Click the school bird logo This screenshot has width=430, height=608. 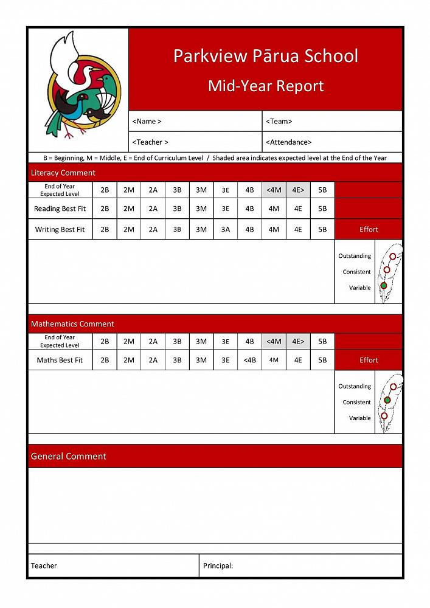78,85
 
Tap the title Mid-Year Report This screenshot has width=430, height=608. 266,86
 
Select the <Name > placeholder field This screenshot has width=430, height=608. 147,121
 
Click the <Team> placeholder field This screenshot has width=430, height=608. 279,121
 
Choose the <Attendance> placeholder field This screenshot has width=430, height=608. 289,142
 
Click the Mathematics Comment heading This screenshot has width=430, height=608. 72,324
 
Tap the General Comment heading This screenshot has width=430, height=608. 69,456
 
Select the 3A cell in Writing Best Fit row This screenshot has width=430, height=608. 226,229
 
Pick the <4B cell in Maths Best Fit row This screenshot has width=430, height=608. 249,360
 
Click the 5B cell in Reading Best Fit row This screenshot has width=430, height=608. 322,209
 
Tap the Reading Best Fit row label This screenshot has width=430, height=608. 60,209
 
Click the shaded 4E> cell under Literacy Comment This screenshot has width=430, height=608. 298,189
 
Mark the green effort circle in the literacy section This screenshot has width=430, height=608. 384,285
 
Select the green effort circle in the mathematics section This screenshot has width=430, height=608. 387,400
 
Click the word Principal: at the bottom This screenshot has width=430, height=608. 218,565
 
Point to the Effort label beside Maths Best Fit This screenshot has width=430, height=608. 369,360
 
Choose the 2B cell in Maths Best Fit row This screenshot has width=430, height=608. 105,360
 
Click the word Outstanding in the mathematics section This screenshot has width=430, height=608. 355,386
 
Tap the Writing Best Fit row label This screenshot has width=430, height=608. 60,229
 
